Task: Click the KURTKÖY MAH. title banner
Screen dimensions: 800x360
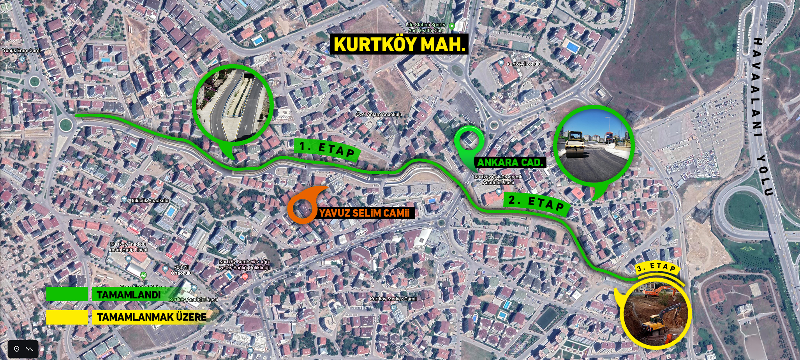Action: [399, 44]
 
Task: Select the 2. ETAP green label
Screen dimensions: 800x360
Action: [537, 203]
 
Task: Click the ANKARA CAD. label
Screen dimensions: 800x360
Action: [510, 162]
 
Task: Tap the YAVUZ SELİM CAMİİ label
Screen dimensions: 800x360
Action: [365, 213]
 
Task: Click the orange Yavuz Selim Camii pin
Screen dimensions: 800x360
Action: [303, 207]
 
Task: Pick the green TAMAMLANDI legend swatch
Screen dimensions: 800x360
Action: [67, 294]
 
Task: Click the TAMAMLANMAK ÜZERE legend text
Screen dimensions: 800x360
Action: [152, 317]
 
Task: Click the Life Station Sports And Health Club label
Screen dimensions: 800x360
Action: [425, 27]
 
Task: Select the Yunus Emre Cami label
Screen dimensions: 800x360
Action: [21, 50]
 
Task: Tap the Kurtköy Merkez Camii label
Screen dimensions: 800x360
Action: [393, 299]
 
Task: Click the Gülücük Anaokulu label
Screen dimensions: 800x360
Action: [149, 200]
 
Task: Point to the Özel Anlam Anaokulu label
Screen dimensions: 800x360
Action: [379, 114]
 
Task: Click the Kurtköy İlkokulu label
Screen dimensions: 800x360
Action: [523, 64]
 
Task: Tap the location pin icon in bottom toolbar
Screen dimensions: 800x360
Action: [17, 349]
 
